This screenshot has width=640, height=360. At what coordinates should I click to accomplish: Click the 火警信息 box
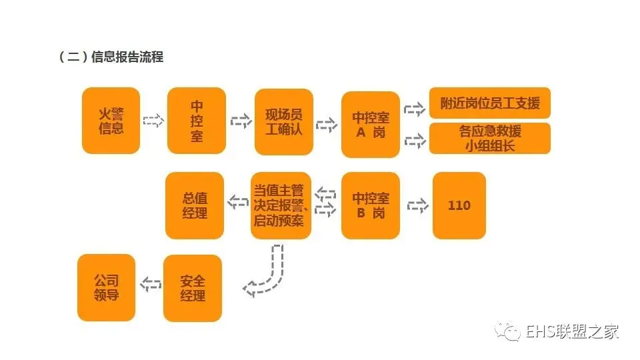coord(111,121)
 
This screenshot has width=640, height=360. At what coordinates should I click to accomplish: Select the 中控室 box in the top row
coord(197,121)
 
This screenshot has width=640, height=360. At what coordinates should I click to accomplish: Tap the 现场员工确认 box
coord(284,122)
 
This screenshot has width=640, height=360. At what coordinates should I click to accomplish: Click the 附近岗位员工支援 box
coord(490,103)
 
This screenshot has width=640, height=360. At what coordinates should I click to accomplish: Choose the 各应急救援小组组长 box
coord(490,139)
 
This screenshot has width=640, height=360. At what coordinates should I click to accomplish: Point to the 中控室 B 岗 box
coord(371,205)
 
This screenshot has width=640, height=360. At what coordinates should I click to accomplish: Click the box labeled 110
coord(459,205)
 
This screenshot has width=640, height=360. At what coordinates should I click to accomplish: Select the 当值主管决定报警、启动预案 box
coord(279,205)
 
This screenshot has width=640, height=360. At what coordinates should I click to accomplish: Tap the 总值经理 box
coord(195,205)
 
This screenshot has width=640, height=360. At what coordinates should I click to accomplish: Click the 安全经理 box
coord(193,288)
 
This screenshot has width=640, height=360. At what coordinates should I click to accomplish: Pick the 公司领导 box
coord(107,287)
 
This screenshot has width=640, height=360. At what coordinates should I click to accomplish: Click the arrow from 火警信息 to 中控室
coord(153,121)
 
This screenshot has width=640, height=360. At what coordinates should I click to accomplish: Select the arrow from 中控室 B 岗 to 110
coord(418,205)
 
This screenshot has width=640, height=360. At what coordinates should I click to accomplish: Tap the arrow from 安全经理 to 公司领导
coord(150,285)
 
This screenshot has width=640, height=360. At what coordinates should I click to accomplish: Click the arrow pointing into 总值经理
coord(238,201)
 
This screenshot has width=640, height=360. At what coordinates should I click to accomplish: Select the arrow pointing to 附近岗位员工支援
coord(415,109)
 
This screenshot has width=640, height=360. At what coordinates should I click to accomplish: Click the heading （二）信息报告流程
coord(111,57)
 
